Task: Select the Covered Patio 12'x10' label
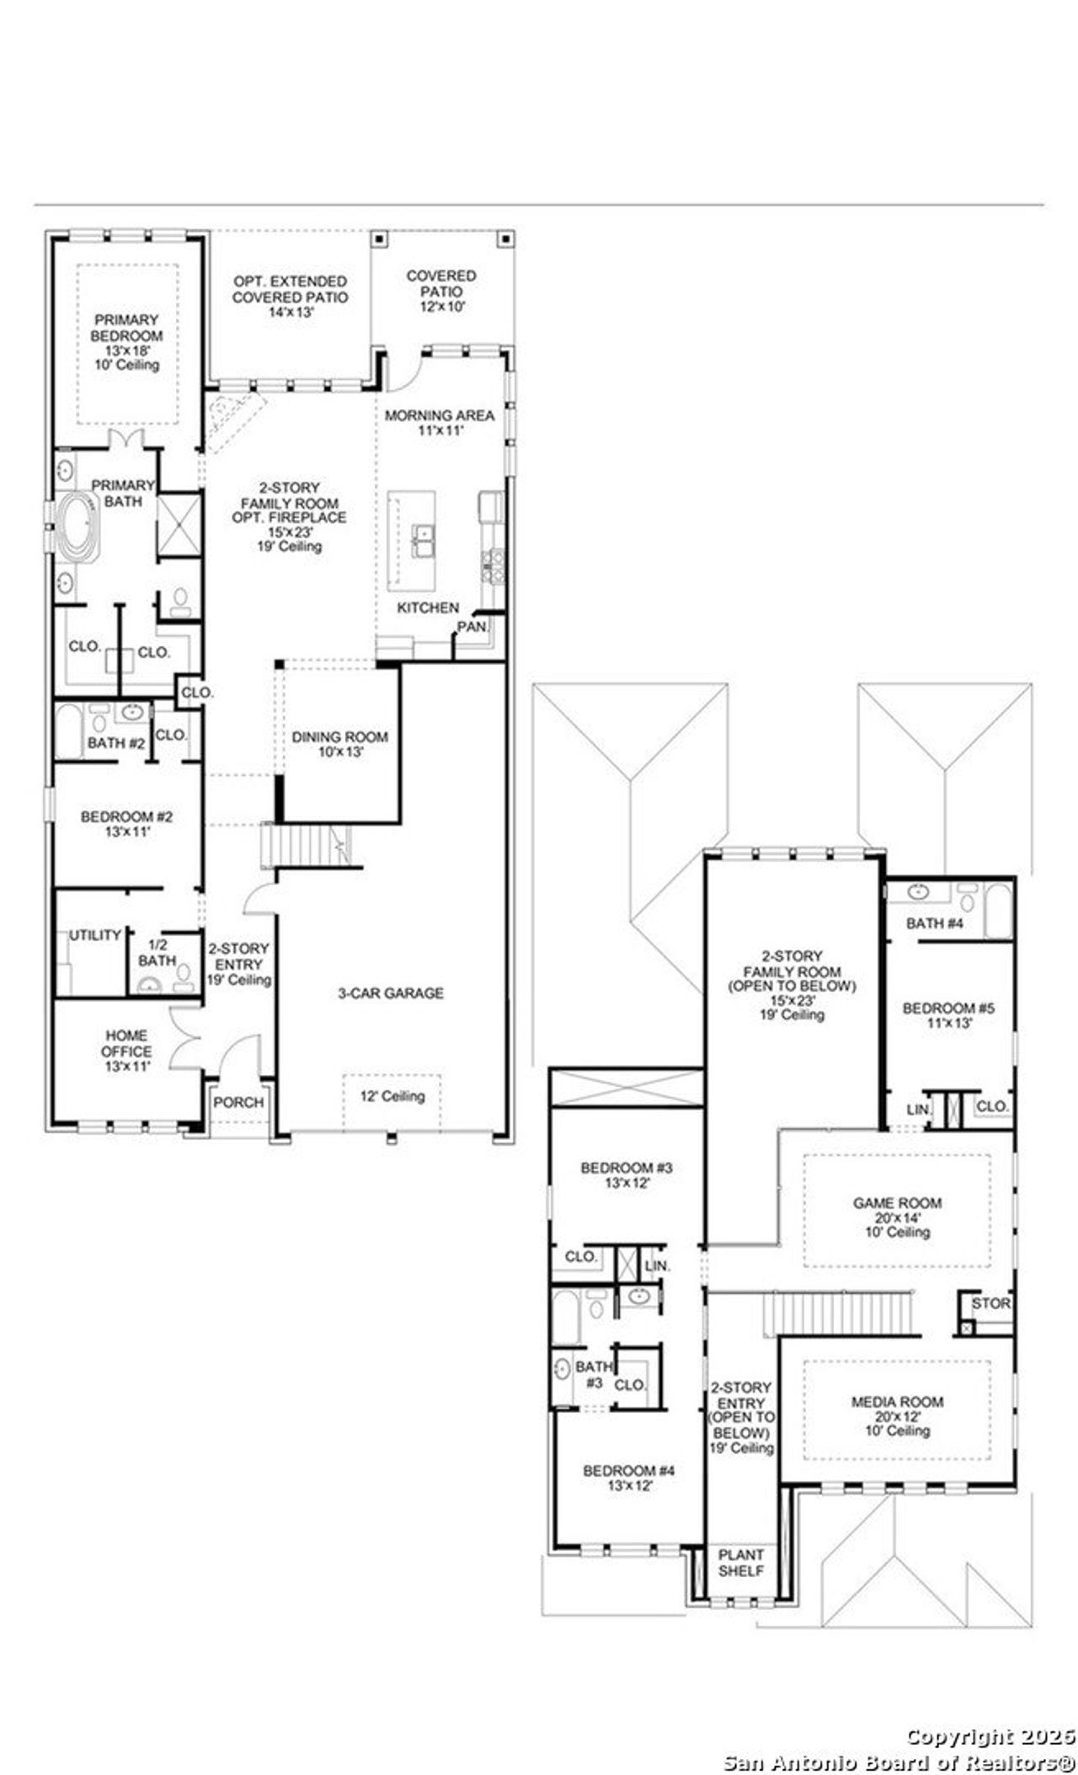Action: point(441,291)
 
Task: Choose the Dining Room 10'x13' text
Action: point(340,744)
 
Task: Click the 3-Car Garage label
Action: point(391,993)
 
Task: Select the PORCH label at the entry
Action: point(238,1103)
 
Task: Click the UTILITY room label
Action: point(95,935)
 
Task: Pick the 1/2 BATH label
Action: point(157,953)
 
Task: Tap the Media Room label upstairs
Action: point(897,1416)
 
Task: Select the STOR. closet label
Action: point(990,1303)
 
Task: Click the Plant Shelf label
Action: point(741,1563)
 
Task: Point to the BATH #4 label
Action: point(934,923)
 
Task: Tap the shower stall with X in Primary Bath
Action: point(179,525)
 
